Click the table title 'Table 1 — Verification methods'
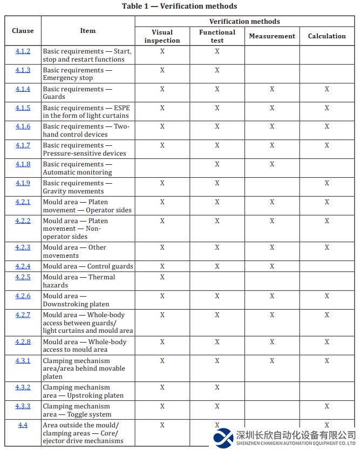click(179, 6)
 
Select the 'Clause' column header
click(23, 31)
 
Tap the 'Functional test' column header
click(217, 36)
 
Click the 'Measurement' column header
click(272, 36)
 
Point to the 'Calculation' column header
click(327, 36)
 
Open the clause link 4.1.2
click(23, 51)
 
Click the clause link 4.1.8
click(23, 164)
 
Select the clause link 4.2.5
click(23, 277)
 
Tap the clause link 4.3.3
click(23, 406)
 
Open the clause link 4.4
click(23, 425)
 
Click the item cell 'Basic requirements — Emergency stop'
click(78, 74)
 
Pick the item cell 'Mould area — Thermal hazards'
click(79, 281)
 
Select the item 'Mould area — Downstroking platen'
click(76, 300)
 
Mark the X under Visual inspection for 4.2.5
click(162, 277)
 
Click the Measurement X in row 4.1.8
click(272, 164)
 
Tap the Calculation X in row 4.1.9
click(327, 183)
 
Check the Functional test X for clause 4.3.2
click(217, 387)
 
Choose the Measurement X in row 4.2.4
click(272, 266)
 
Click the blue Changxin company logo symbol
click(223, 437)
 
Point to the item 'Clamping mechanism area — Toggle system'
click(77, 410)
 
